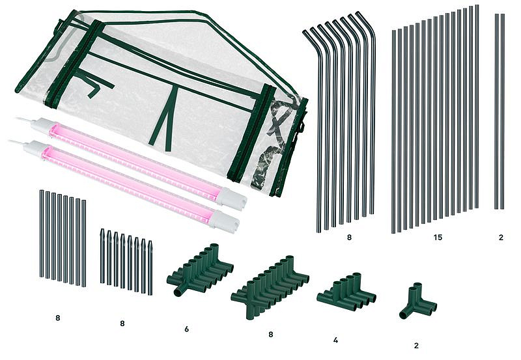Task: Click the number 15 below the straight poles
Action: coord(438,238)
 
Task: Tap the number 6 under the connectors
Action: coord(186,329)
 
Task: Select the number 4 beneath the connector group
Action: coord(335,340)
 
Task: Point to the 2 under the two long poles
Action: coord(501,238)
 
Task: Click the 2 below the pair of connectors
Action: coord(416,346)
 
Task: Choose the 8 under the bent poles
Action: coord(349,238)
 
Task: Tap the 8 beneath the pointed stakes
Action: coord(122,323)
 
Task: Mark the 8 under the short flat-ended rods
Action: coord(58,318)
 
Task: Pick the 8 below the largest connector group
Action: coord(270,335)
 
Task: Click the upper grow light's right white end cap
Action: coord(232,199)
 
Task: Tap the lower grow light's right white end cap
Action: coord(224,221)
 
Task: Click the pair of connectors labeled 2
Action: coord(417,302)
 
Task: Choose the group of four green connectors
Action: coord(346,292)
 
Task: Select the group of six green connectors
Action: coord(200,270)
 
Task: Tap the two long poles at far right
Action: coord(500,111)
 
